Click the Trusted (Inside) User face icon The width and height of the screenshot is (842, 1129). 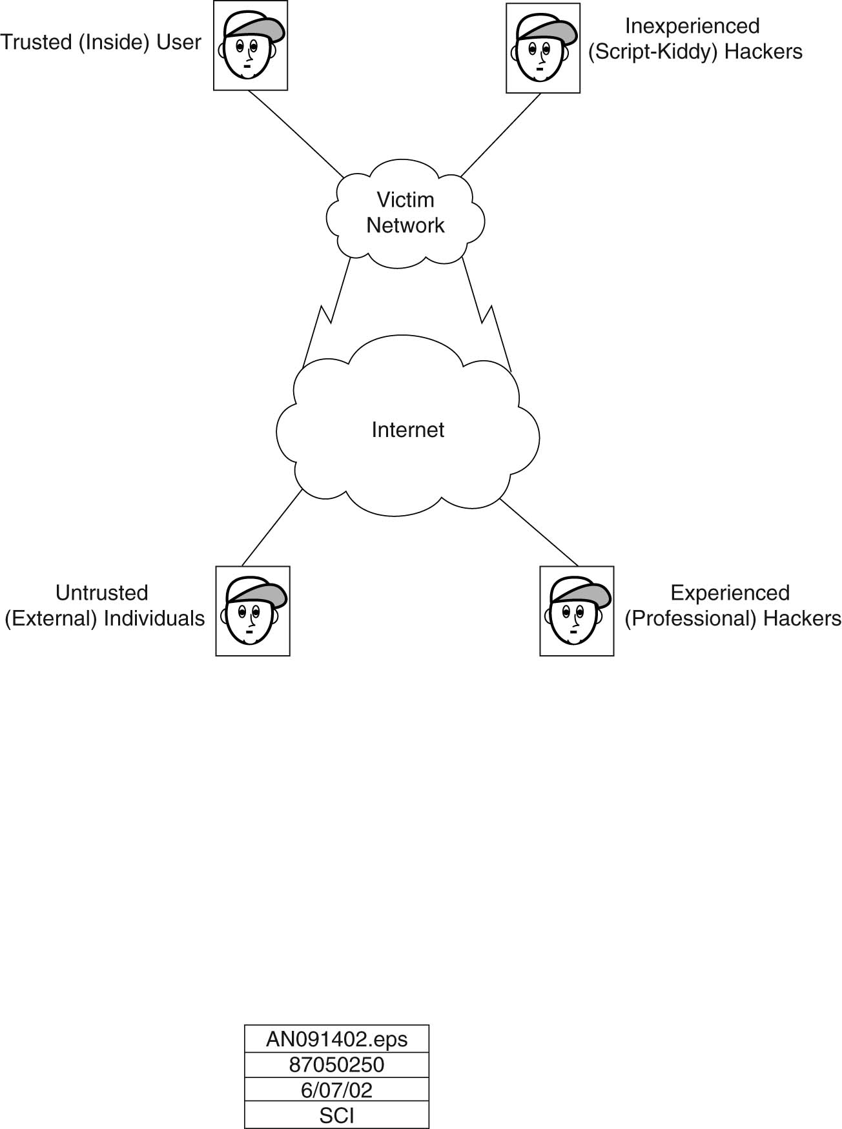pos(251,45)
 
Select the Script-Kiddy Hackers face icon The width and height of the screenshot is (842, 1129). pos(543,48)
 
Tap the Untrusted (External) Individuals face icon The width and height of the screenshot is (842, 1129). pos(252,611)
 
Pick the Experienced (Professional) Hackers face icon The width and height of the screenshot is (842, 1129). pos(577,611)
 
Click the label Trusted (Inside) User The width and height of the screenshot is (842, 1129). pos(101,43)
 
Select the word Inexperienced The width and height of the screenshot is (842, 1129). pos(692,26)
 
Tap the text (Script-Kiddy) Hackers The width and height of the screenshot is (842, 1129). pos(695,52)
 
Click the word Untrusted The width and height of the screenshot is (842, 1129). pos(102,593)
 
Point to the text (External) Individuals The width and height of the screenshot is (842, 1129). pos(105,618)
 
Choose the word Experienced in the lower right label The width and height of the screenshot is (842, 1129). pos(730,593)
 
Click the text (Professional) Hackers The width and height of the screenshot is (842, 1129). pos(733,618)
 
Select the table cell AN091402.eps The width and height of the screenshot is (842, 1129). pos(336,1039)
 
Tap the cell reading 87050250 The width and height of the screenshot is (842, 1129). pos(336,1064)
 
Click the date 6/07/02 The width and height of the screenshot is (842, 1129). pos(336,1090)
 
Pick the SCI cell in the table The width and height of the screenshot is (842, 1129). pos(336,1115)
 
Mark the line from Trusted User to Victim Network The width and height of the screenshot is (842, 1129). pos(296,134)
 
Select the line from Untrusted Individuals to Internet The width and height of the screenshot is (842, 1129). pos(272,527)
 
